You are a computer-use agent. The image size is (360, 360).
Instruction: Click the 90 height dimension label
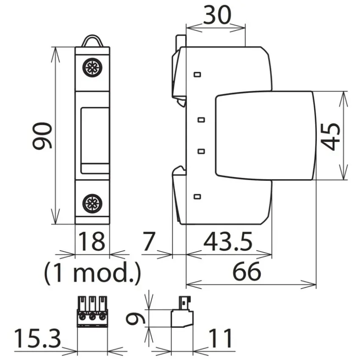(x=42, y=136)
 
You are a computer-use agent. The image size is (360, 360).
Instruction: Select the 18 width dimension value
(x=92, y=241)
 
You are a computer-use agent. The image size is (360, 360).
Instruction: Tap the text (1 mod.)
(x=92, y=273)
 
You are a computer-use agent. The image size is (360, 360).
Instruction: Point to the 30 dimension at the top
(x=217, y=15)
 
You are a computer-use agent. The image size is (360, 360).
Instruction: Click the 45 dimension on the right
(x=330, y=137)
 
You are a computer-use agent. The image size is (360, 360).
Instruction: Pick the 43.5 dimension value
(x=228, y=241)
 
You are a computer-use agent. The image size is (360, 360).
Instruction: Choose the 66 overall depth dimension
(x=247, y=271)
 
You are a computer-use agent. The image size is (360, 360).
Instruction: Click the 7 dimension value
(x=149, y=241)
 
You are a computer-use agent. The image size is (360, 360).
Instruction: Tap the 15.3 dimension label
(x=37, y=338)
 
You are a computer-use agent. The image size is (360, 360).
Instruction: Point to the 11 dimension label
(x=221, y=338)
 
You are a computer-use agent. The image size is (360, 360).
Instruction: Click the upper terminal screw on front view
(x=92, y=67)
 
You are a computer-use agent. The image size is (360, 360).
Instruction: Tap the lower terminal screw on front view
(x=92, y=203)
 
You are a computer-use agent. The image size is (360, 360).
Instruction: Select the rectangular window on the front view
(x=95, y=141)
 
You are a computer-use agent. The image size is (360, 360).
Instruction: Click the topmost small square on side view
(x=197, y=75)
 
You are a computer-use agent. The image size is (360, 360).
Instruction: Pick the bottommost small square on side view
(x=197, y=197)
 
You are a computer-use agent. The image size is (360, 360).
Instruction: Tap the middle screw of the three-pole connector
(x=92, y=318)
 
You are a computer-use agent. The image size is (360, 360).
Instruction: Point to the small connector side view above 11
(x=182, y=312)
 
